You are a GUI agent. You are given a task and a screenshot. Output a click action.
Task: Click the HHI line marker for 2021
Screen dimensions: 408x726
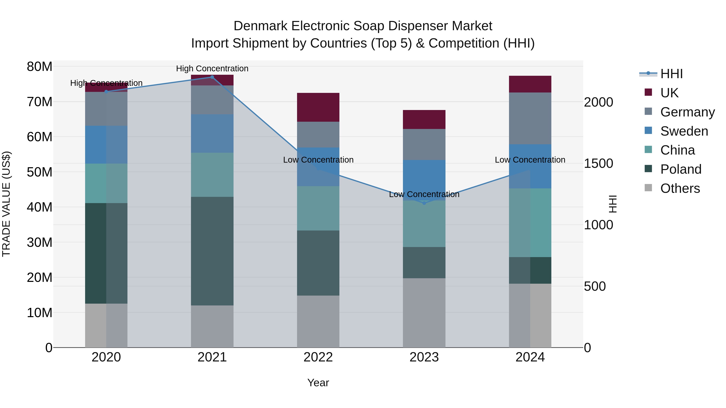click(212, 77)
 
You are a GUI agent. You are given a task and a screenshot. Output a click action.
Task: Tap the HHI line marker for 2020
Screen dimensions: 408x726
click(106, 91)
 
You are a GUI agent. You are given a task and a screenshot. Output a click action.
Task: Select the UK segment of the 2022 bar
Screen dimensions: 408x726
click(318, 107)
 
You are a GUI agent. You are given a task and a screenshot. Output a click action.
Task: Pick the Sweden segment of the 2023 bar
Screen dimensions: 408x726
click(424, 180)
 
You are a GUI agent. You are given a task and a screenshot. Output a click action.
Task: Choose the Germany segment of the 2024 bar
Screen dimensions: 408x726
click(530, 118)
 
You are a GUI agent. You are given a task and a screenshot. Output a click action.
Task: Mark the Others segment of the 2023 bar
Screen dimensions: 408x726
click(424, 312)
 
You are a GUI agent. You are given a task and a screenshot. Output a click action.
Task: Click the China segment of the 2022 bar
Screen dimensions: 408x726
click(318, 208)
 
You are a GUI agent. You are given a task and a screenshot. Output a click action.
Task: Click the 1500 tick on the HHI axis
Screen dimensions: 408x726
click(598, 164)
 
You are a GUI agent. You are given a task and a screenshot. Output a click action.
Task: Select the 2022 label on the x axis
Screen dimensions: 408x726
click(318, 357)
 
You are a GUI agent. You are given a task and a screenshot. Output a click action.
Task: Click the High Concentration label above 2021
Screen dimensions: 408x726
click(212, 69)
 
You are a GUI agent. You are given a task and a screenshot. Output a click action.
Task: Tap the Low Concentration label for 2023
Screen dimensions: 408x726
click(424, 194)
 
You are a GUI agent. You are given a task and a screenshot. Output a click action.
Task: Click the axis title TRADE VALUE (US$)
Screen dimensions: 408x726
click(6, 204)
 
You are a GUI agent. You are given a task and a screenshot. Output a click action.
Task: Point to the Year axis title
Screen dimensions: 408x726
click(318, 383)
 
